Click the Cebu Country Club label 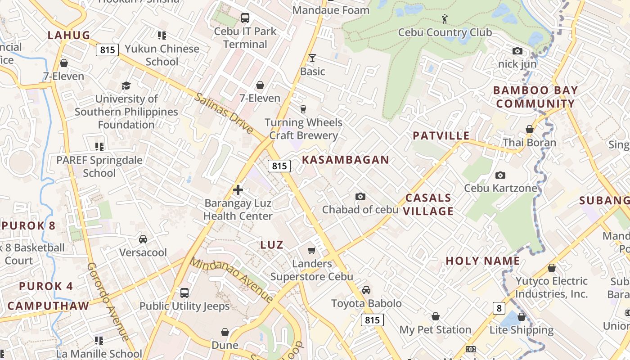[x=445, y=32]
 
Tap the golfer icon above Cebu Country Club [x=445, y=19]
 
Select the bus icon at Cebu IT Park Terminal [x=245, y=18]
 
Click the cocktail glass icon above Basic [x=312, y=58]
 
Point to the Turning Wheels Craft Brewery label [x=303, y=129]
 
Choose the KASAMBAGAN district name [x=345, y=160]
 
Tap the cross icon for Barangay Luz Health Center [x=238, y=190]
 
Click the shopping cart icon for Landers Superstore [x=311, y=250]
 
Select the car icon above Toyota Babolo [x=366, y=290]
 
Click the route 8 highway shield [x=499, y=308]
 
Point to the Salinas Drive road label [x=224, y=113]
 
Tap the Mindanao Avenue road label [x=231, y=279]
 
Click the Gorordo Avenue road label [x=108, y=301]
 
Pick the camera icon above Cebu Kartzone [x=500, y=175]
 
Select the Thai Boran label [x=529, y=143]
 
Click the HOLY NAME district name [x=483, y=261]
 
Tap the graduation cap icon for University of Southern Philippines [x=126, y=85]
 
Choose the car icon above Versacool [x=143, y=239]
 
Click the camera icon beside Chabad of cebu [x=360, y=196]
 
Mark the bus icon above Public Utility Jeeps [x=184, y=293]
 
